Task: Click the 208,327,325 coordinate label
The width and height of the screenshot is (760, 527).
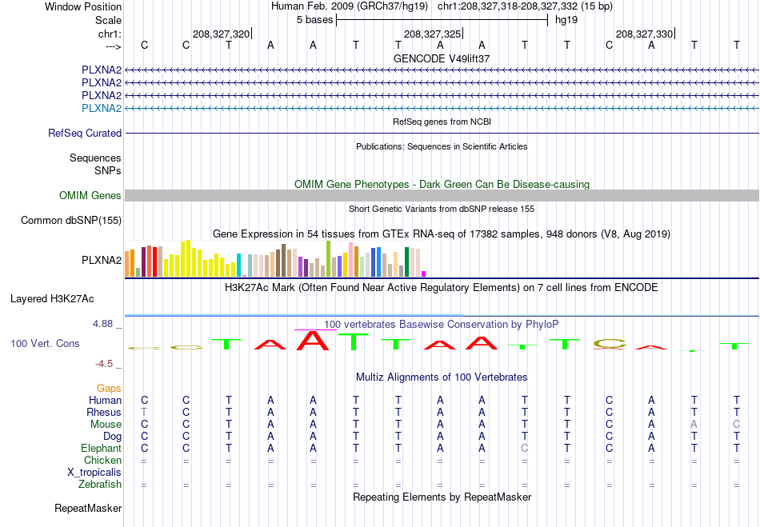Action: (x=432, y=34)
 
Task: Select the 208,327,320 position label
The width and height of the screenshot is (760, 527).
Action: (x=221, y=34)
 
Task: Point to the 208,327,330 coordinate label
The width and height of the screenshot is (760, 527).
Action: (x=644, y=34)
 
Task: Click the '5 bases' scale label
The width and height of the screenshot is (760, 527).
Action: (x=315, y=20)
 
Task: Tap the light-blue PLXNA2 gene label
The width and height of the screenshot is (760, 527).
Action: (x=102, y=108)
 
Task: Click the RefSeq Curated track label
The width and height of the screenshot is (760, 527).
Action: (x=85, y=133)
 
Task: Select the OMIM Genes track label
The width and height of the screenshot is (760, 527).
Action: (x=90, y=195)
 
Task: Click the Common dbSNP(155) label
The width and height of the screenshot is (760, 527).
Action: (x=71, y=221)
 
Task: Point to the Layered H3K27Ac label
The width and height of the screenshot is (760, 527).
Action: (x=52, y=299)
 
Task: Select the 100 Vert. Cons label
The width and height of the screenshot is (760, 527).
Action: (x=45, y=343)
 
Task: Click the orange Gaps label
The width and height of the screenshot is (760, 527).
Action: (x=109, y=389)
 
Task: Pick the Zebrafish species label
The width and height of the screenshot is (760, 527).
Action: (x=100, y=485)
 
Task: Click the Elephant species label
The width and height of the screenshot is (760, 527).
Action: (x=102, y=448)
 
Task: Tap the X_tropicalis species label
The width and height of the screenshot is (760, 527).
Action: (x=94, y=473)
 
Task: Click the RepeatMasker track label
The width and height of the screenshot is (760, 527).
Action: (x=88, y=508)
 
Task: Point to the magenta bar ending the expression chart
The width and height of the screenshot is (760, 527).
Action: (x=424, y=273)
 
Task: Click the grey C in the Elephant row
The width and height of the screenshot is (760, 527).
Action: (x=525, y=448)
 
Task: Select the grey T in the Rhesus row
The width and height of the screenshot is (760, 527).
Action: (x=144, y=412)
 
